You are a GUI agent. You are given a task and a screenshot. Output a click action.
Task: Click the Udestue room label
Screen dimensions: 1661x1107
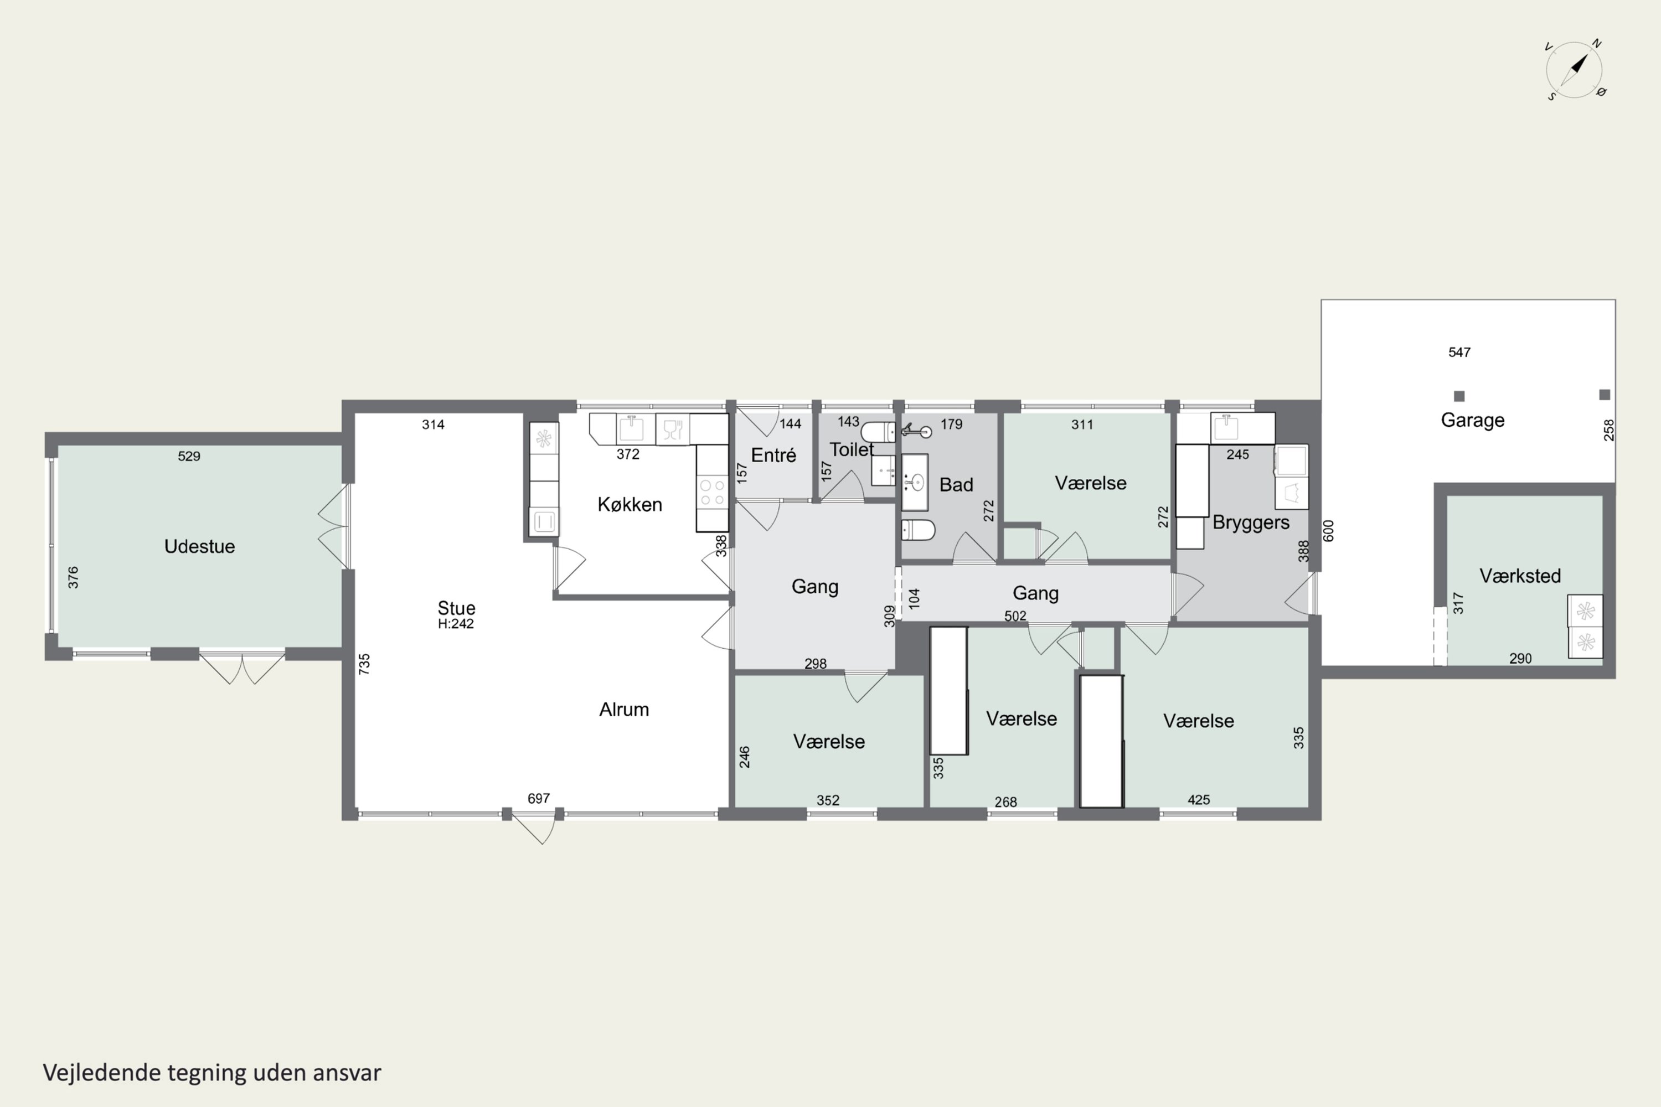(x=199, y=546)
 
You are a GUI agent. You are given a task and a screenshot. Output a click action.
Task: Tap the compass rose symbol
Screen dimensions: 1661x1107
(x=1575, y=70)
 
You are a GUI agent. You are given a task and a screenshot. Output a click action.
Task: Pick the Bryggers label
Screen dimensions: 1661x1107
(x=1251, y=523)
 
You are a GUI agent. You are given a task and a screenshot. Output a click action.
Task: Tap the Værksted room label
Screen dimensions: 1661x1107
(x=1520, y=576)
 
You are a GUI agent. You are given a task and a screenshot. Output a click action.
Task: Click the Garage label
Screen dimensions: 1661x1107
(x=1472, y=421)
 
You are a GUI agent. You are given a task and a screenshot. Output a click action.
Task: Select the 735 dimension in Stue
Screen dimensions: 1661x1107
(x=364, y=664)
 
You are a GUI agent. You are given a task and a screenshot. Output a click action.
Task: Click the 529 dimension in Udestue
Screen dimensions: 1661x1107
(x=189, y=457)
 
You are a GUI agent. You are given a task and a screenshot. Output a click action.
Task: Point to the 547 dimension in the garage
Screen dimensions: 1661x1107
(x=1459, y=352)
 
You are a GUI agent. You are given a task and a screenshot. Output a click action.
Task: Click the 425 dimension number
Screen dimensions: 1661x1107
(x=1199, y=800)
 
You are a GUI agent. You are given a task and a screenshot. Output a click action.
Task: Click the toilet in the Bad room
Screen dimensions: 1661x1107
(x=918, y=530)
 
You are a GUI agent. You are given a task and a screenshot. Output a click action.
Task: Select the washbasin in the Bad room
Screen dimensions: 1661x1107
(x=915, y=482)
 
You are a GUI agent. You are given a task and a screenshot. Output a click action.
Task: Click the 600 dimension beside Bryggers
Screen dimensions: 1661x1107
(x=1328, y=531)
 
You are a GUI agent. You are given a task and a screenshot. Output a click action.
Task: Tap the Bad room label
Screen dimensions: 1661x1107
(x=956, y=485)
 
